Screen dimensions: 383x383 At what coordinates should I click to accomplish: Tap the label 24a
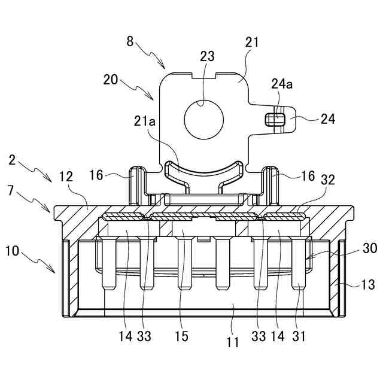pos(281,84)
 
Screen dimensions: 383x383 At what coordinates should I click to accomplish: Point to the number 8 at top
pos(130,42)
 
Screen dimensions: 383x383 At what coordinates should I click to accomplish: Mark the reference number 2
pos(13,160)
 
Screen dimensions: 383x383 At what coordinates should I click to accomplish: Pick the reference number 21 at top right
pos(253,42)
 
